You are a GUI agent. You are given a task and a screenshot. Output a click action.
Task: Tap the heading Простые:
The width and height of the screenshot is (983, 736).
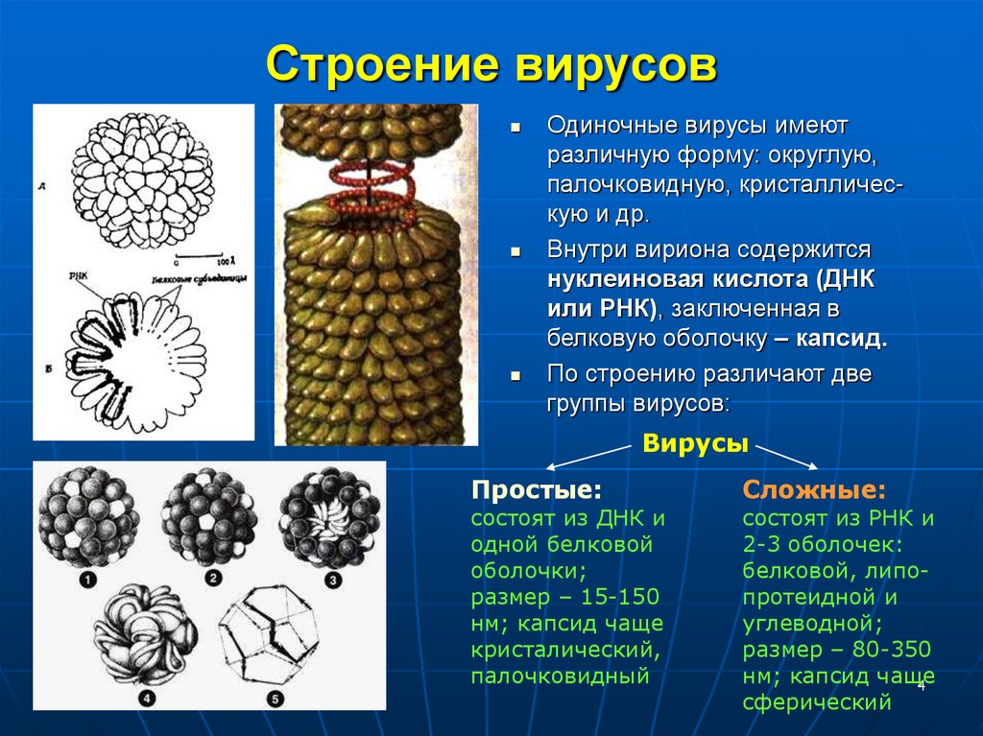pyautogui.click(x=537, y=490)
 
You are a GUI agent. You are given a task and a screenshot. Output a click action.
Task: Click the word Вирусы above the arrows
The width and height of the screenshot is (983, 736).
pyautogui.click(x=695, y=444)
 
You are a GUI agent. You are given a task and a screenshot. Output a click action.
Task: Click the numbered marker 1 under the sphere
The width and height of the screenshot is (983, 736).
pyautogui.click(x=87, y=580)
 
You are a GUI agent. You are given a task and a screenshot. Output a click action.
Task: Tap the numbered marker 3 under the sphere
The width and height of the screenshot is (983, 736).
pyautogui.click(x=332, y=580)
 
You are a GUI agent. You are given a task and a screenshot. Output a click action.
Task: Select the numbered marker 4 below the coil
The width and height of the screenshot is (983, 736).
pyautogui.click(x=146, y=698)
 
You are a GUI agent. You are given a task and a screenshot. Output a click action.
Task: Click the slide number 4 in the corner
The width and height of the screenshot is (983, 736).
pyautogui.click(x=921, y=687)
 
